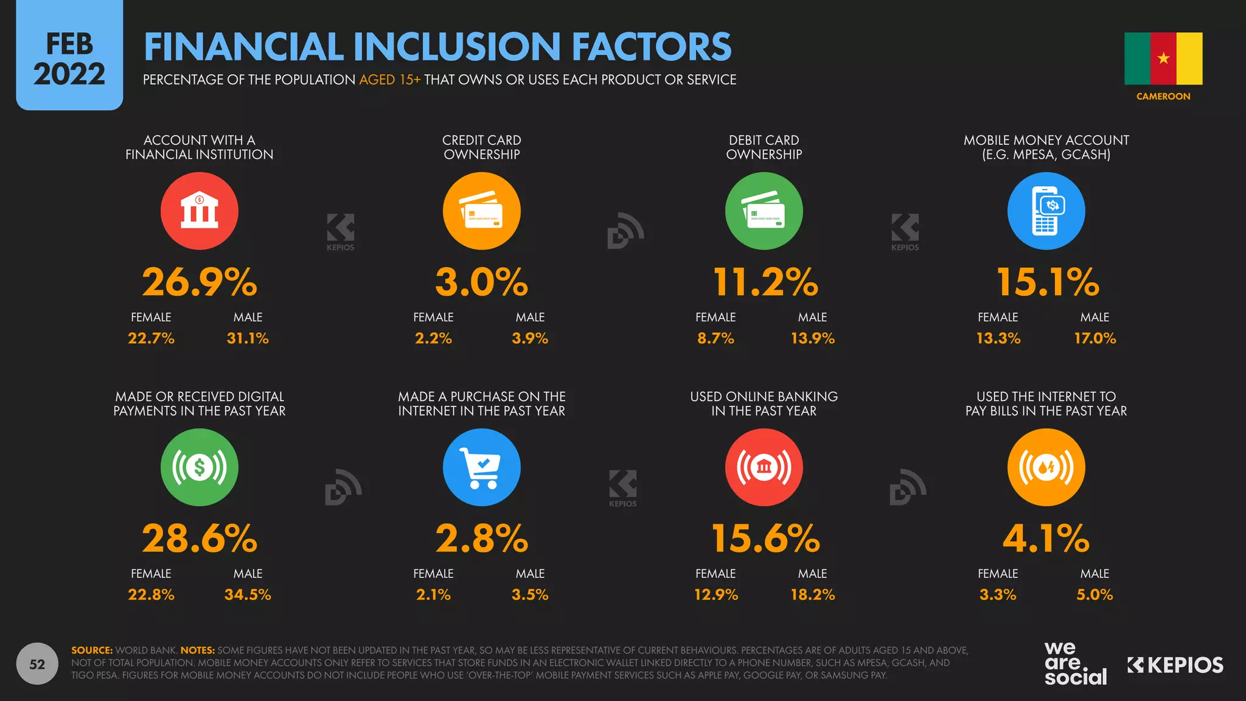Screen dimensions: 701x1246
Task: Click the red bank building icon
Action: [x=200, y=211]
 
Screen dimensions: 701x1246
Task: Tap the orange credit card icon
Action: [x=481, y=211]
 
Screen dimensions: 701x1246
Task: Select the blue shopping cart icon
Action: [x=481, y=467]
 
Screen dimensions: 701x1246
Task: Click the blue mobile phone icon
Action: [x=1046, y=211]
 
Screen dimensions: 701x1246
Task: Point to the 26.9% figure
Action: [x=200, y=282]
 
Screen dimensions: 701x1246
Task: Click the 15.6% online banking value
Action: [x=765, y=539]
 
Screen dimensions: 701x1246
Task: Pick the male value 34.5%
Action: [x=248, y=595]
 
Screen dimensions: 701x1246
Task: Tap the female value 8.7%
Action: [x=715, y=338]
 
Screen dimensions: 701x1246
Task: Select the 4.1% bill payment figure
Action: [x=1046, y=539]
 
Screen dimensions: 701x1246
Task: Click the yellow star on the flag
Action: [x=1163, y=58]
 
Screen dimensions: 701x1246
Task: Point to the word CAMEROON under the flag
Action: [x=1163, y=96]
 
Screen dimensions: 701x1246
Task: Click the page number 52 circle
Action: [x=37, y=664]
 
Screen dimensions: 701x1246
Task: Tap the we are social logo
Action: [x=1074, y=664]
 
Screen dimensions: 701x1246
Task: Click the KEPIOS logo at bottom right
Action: [x=1175, y=665]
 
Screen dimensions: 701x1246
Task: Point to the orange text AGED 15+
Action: [x=389, y=80]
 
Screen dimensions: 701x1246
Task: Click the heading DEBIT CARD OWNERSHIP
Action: [x=764, y=147]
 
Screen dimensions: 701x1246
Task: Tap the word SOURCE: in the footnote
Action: [x=92, y=650]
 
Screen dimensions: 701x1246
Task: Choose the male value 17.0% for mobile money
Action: [x=1095, y=338]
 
